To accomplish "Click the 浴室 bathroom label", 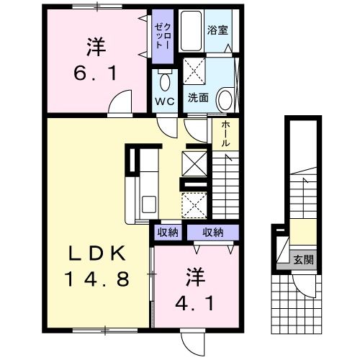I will coord(217,31).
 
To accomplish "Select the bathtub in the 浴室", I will coord(192,31).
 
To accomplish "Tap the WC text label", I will coord(164,101).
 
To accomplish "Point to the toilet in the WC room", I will coord(163,80).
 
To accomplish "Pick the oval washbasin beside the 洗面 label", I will coord(224,99).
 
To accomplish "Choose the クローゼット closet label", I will coord(159,33).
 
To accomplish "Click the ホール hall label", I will coord(225,134).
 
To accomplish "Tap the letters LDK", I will coord(99,254).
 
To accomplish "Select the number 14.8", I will coord(99,279).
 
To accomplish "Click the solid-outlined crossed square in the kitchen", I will coord(194,163).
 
